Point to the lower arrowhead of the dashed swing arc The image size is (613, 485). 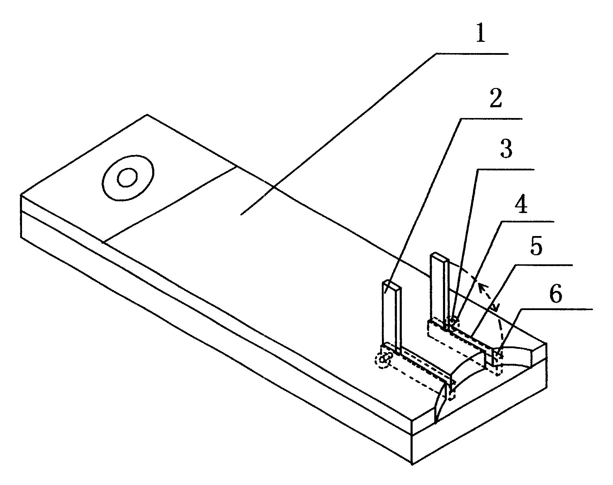click(x=495, y=308)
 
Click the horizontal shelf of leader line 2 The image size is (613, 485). click(x=491, y=119)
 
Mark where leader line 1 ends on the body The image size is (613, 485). click(x=242, y=214)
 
